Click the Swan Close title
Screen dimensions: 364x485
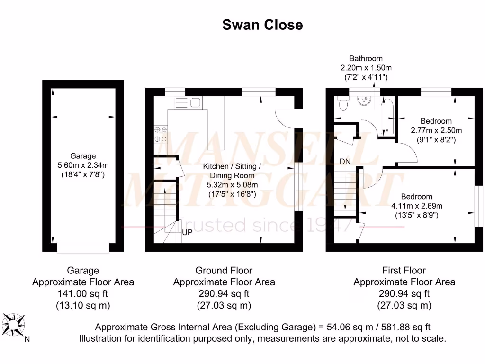(x=262, y=25)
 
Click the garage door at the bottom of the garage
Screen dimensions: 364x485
(x=83, y=247)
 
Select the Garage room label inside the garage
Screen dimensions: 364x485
(x=83, y=155)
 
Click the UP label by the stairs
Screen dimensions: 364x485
(x=188, y=233)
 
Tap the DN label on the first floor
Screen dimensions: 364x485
(x=345, y=162)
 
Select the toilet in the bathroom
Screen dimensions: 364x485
(x=343, y=103)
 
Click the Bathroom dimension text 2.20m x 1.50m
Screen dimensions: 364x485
(x=366, y=68)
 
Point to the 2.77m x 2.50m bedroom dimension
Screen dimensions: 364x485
(x=436, y=130)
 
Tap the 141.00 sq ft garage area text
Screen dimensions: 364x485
(x=83, y=294)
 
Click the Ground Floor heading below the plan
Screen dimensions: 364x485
(x=224, y=271)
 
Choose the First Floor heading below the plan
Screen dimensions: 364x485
(x=404, y=271)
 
